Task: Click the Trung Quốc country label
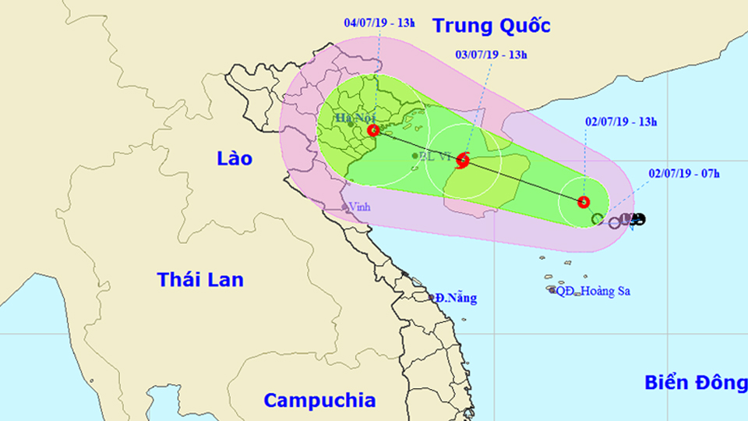click(492, 26)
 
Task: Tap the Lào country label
click(235, 159)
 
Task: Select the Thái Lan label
click(200, 279)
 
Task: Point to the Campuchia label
click(319, 401)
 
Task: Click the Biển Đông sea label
click(696, 382)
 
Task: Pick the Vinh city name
click(359, 207)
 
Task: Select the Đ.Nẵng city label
click(457, 297)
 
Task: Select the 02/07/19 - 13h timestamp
click(620, 121)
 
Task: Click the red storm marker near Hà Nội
click(374, 130)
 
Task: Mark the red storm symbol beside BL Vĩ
click(463, 161)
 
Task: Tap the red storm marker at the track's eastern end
click(584, 202)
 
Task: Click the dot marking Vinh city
click(344, 207)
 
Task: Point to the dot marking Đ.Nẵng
click(432, 298)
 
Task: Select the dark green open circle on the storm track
click(597, 219)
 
